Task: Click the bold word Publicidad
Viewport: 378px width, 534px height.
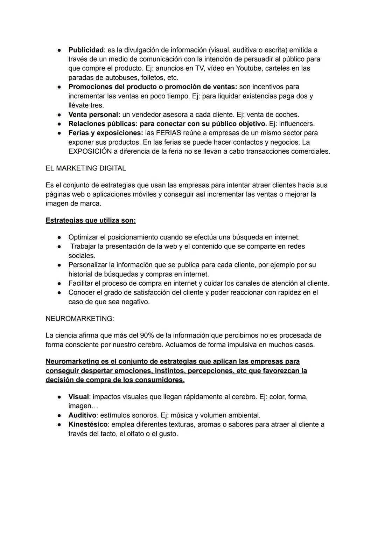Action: (86, 50)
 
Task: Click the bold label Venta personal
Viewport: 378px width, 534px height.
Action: (94, 115)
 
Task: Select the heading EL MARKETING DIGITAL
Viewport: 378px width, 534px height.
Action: (86, 168)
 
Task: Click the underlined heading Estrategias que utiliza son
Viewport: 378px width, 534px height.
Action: (91, 221)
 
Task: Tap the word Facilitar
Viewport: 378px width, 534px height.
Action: (82, 283)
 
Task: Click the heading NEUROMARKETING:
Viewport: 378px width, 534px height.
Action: (80, 319)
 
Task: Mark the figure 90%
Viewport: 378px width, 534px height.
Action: (147, 335)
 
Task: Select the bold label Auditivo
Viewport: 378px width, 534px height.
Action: (82, 415)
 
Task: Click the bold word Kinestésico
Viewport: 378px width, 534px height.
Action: (87, 424)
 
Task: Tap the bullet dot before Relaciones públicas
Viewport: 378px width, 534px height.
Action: (60, 124)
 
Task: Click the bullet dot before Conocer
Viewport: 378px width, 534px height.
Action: (60, 293)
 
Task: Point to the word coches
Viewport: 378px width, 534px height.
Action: (287, 115)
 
